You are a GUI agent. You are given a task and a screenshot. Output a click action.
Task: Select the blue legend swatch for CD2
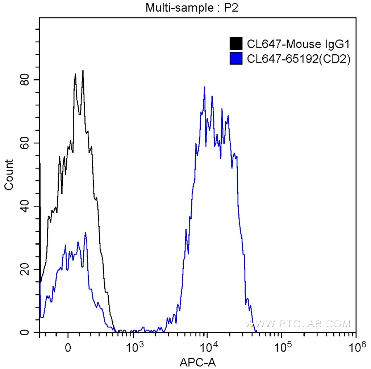236,58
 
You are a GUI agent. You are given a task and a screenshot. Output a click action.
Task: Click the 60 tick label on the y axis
24,143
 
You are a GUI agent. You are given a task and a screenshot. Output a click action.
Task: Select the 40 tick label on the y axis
24,206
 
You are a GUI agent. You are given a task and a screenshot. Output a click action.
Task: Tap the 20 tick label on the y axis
24,269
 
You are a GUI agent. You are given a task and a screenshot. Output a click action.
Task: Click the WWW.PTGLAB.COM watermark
298,323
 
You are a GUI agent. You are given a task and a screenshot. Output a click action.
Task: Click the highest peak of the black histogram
83,71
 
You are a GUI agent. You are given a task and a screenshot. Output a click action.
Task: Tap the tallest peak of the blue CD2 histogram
205,87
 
